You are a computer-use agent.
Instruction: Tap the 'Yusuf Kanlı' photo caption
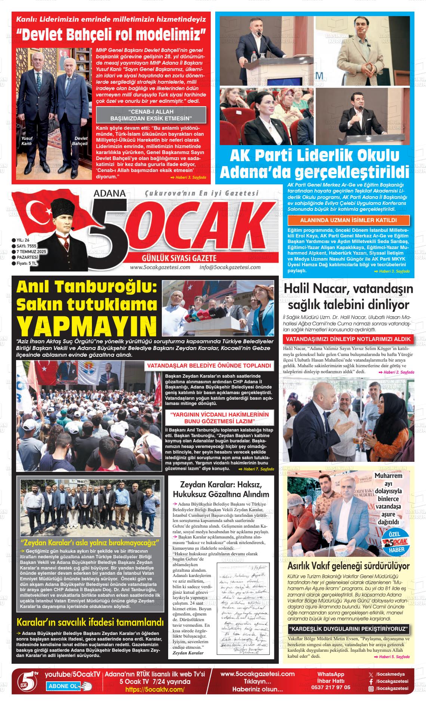click(x=27, y=141)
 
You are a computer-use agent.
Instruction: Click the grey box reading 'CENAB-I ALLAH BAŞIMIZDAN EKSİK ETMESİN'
click(x=151, y=115)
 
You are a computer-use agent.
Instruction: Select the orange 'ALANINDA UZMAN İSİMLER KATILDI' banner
click(x=348, y=220)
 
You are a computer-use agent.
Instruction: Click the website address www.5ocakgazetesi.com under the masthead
click(x=160, y=267)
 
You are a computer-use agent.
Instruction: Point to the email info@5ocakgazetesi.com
click(x=230, y=267)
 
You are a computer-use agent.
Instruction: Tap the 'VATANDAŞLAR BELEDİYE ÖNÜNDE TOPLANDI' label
click(x=209, y=365)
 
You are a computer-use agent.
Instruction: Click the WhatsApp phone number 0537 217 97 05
click(x=334, y=687)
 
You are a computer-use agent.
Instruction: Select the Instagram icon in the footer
click(x=371, y=688)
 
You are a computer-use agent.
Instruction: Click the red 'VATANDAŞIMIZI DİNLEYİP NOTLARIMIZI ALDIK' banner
click(x=348, y=339)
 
